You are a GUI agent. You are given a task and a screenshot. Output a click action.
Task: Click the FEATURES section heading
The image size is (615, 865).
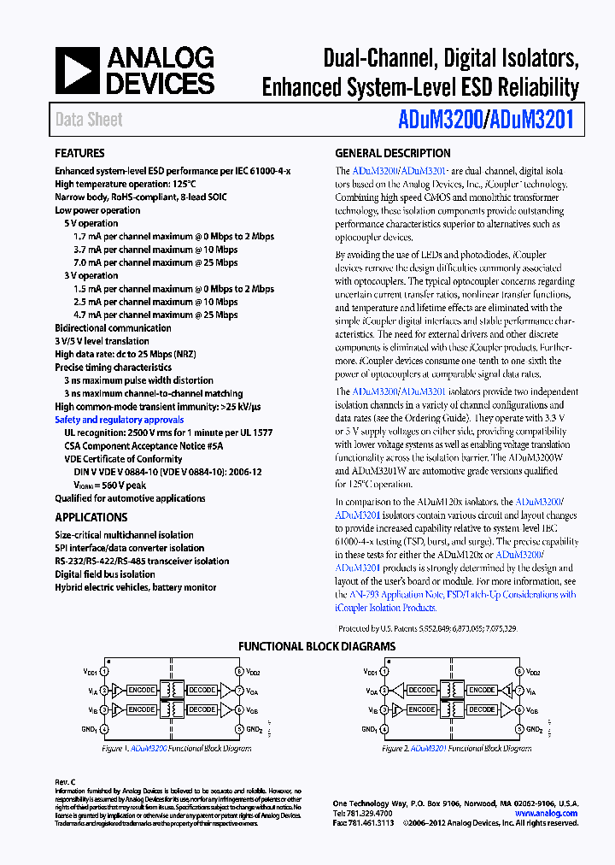pos(79,154)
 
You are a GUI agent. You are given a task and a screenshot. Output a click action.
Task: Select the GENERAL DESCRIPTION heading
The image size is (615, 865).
pos(392,154)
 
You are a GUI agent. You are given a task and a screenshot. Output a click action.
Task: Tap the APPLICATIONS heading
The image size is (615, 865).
pos(91,517)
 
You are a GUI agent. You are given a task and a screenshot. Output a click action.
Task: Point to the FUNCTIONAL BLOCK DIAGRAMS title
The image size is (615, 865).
pos(316,647)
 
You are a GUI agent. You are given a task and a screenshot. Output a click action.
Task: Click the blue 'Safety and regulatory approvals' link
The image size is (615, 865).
pos(119,420)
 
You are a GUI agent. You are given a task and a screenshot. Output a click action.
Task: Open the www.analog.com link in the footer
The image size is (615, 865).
pos(546,813)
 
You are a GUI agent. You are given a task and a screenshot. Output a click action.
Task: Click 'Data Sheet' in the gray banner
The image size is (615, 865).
pos(89,120)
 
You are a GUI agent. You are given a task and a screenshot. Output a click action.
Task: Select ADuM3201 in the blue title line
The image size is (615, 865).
pos(534,121)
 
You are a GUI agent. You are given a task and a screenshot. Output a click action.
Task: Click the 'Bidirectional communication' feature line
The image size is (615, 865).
pos(113,328)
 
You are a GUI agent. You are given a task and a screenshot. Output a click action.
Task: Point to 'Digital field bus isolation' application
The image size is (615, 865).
pos(105,574)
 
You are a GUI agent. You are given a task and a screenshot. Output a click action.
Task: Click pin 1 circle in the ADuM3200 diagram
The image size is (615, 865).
pos(104,673)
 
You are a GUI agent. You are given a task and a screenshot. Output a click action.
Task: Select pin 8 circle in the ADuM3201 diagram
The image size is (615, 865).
pos(518,673)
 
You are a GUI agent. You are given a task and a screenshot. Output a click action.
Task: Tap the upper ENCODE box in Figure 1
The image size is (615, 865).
pos(141,690)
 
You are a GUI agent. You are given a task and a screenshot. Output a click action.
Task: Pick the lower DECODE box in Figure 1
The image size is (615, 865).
pos(202,709)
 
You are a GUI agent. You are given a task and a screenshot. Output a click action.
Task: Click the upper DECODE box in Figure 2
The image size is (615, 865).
pos(421,690)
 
